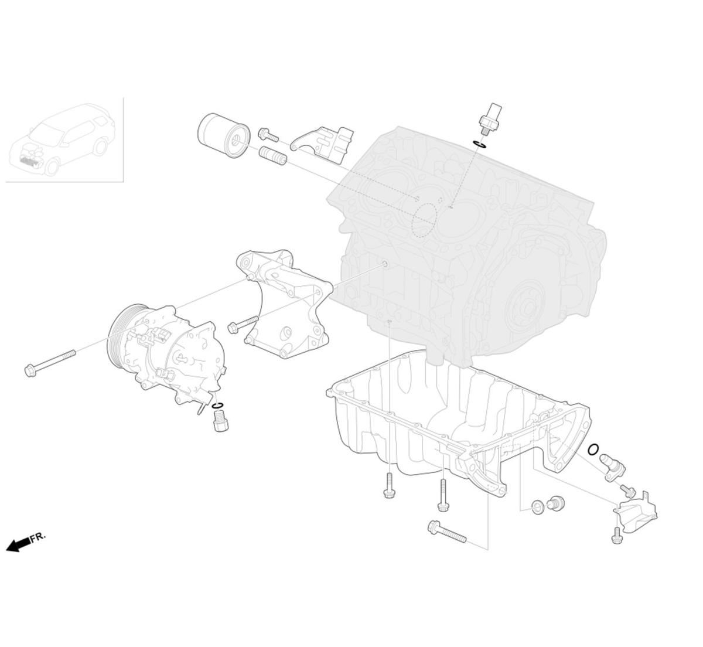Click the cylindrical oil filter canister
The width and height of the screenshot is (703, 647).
pyautogui.click(x=224, y=134)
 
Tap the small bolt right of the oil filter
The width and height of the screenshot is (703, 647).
pyautogui.click(x=268, y=135)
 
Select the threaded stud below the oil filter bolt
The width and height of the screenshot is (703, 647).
pyautogui.click(x=272, y=156)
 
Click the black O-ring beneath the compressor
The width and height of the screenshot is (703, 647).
pyautogui.click(x=217, y=406)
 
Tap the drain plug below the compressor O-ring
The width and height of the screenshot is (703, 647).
pyautogui.click(x=220, y=421)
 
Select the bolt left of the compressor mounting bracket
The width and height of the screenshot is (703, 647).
pyautogui.click(x=243, y=324)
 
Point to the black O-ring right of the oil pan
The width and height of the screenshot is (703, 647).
pyautogui.click(x=593, y=450)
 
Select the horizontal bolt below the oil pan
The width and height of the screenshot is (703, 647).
pyautogui.click(x=447, y=532)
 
